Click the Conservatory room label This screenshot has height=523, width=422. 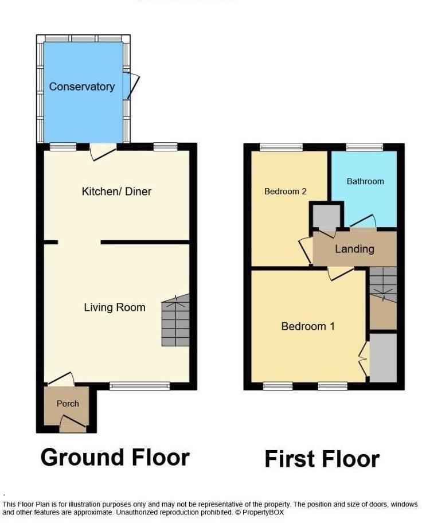[x=82, y=87]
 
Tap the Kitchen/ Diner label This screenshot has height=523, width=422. [x=116, y=191]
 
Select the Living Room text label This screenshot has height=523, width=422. [x=115, y=307]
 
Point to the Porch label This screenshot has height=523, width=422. [x=68, y=404]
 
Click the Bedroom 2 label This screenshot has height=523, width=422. [x=285, y=191]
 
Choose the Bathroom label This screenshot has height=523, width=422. [x=365, y=181]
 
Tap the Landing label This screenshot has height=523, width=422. [x=354, y=249]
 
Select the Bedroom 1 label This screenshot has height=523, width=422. [x=308, y=326]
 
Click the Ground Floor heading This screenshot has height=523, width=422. [x=115, y=457]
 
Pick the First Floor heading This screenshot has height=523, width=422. [x=322, y=459]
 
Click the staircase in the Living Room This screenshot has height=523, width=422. [x=175, y=321]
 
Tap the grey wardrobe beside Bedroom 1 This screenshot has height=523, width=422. [x=383, y=357]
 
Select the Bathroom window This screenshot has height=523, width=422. [x=365, y=147]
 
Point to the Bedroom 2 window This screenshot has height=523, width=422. [x=281, y=147]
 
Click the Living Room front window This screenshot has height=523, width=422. [x=140, y=386]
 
